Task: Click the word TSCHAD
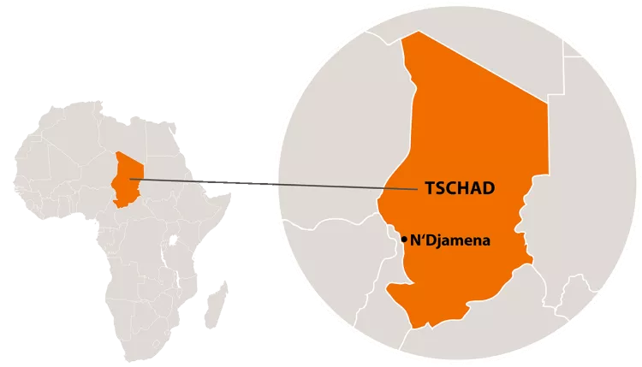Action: pos(460,188)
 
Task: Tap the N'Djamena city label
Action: pos(450,240)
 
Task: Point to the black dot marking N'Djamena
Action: pos(404,240)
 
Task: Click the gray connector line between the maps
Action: pos(274,183)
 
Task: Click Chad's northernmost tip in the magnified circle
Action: pos(417,33)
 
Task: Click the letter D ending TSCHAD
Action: pos(488,188)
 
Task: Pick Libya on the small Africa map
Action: pos(129,137)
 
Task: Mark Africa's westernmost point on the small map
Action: pos(13,184)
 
